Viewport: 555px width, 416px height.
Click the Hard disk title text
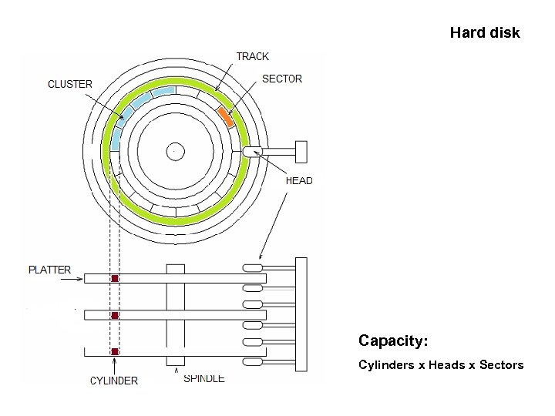[x=485, y=33]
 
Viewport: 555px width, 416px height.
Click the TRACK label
[x=252, y=56]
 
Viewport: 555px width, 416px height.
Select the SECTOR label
[x=282, y=79]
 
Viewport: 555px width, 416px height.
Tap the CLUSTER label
[x=70, y=84]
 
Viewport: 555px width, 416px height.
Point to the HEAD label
[x=299, y=181]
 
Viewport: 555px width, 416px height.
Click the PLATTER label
[x=49, y=270]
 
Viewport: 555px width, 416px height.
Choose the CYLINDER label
[x=114, y=381]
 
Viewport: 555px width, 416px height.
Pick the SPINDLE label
[x=204, y=378]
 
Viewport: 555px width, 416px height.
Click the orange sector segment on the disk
[x=226, y=116]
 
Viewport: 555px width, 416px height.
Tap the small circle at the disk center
[x=175, y=151]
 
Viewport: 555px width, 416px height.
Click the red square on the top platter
[x=115, y=278]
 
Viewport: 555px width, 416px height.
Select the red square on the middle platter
[x=115, y=315]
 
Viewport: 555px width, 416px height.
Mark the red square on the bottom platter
[x=115, y=352]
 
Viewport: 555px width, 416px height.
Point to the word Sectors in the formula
[x=502, y=364]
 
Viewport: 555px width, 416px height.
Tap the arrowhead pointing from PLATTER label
[x=80, y=279]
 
